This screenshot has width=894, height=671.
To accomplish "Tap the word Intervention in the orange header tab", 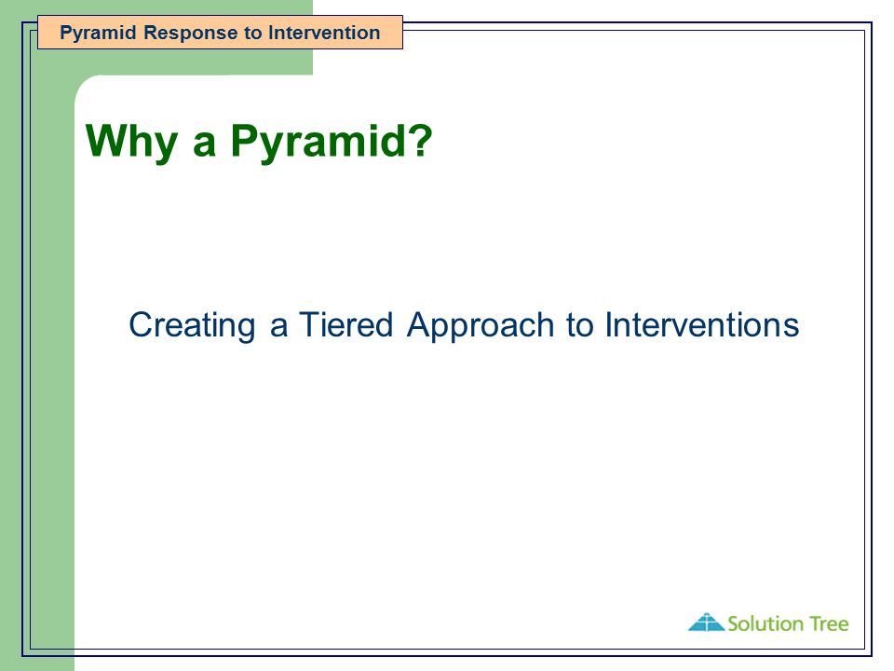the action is click(324, 33).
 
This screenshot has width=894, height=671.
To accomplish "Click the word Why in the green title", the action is click(131, 141).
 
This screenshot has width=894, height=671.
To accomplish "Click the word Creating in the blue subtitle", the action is click(192, 326).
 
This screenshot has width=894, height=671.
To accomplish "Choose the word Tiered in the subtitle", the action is click(346, 324).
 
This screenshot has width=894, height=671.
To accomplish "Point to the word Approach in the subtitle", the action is click(481, 326).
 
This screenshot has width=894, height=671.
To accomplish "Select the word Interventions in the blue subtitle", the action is click(702, 324).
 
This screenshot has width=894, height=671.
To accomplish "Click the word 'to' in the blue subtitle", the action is click(579, 326).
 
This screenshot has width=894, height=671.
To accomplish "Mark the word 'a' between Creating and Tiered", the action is click(278, 328).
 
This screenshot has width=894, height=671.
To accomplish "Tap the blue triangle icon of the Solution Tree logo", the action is click(707, 622).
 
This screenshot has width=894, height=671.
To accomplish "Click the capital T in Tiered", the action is click(311, 324).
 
